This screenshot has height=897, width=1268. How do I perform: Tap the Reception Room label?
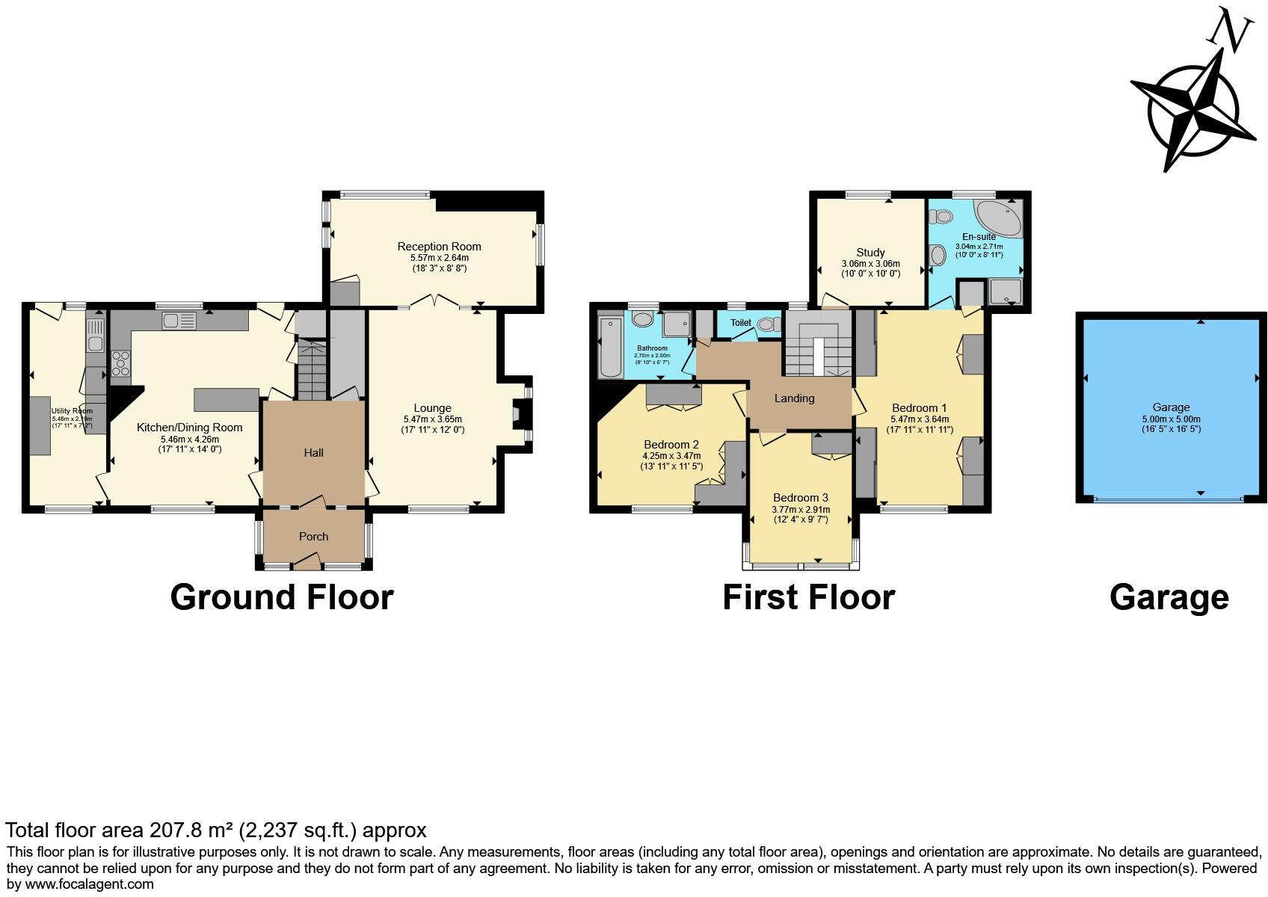[439, 246]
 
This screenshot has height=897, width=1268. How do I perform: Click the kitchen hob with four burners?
[120, 364]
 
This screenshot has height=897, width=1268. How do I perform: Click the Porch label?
[313, 536]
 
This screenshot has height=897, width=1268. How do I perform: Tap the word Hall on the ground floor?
[313, 452]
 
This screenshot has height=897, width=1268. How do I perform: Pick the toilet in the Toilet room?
[766, 324]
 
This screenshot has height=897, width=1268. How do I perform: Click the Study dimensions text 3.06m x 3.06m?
[870, 264]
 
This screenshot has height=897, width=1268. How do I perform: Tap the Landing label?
[794, 398]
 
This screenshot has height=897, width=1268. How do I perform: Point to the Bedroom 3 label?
[801, 497]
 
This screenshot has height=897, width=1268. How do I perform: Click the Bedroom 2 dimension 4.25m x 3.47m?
[671, 455]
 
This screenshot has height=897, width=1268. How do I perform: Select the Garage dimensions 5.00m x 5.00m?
[1171, 419]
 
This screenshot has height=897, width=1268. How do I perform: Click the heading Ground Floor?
[281, 597]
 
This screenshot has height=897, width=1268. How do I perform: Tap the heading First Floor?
[808, 597]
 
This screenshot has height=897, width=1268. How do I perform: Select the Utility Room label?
[72, 410]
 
